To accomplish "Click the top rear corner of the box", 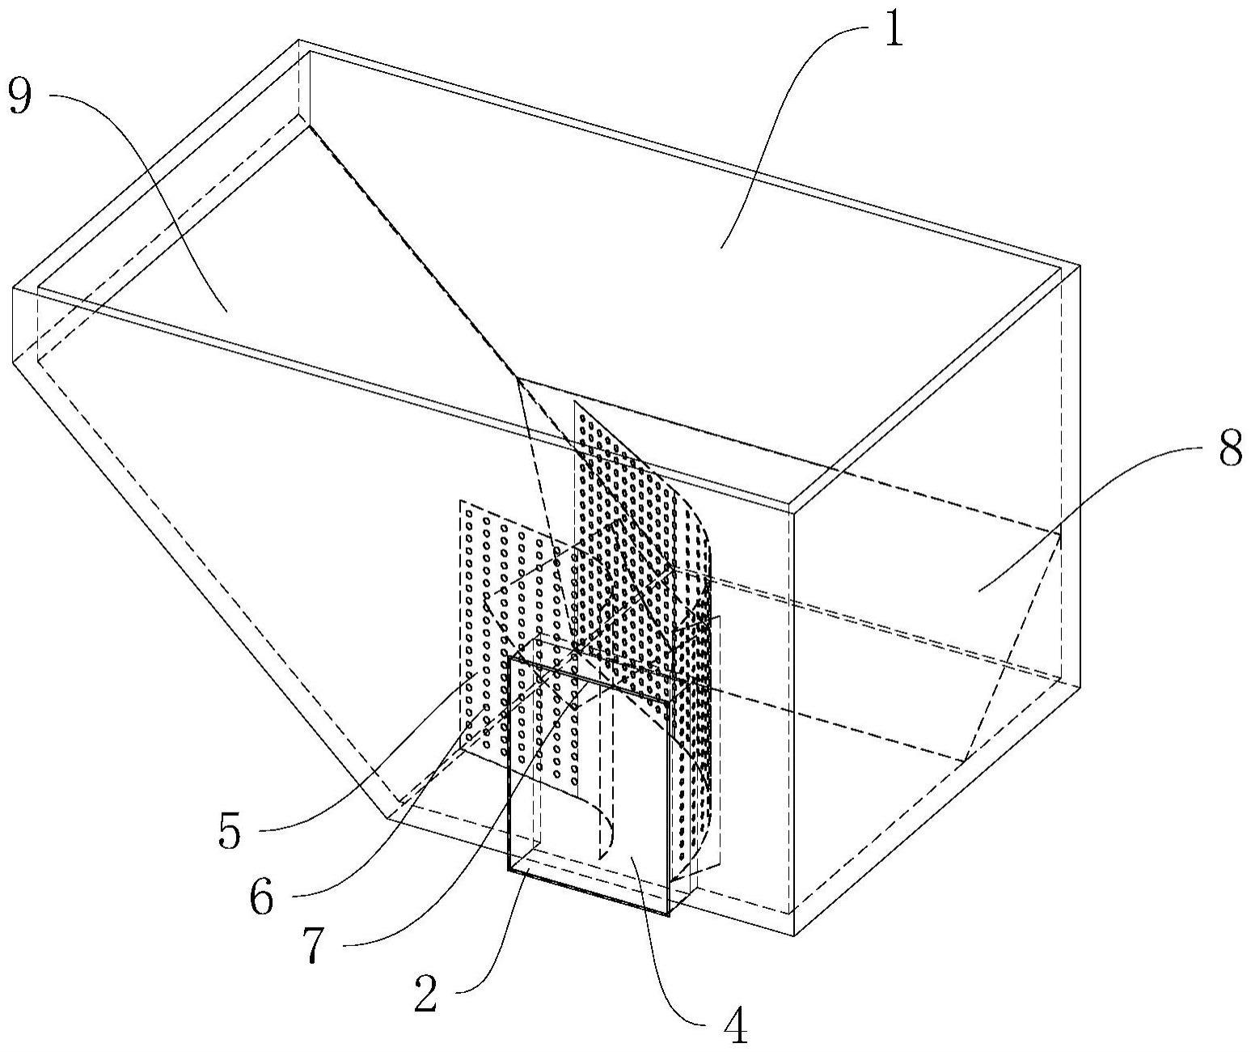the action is (x=298, y=40).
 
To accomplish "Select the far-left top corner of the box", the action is (x=13, y=288).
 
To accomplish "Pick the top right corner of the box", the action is (x=1080, y=265).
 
